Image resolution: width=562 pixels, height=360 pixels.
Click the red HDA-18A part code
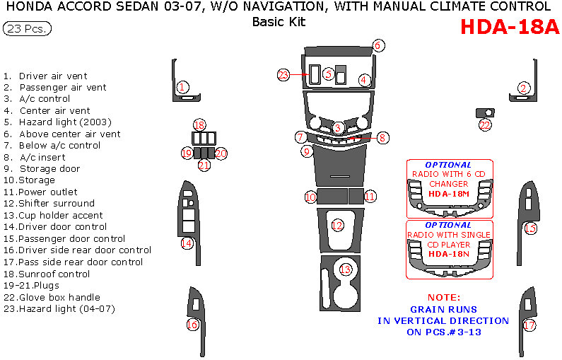(509, 26)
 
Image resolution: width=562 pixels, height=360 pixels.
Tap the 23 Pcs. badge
(28, 29)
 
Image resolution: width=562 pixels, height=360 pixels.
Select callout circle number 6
(378, 45)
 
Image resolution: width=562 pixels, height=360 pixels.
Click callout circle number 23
(283, 74)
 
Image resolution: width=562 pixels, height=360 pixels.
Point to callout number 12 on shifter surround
(337, 225)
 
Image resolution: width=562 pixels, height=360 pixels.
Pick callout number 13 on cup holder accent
(345, 269)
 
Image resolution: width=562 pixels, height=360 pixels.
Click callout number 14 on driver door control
(187, 243)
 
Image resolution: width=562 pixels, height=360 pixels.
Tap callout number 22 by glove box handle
(485, 125)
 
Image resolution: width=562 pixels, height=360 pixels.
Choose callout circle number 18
(199, 124)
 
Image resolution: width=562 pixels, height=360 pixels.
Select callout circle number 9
(306, 151)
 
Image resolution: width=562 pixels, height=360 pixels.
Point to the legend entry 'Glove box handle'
(59, 297)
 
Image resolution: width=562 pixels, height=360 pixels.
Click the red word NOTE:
(444, 298)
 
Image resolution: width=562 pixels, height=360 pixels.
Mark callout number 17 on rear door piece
(529, 325)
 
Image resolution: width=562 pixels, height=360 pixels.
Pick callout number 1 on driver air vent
(182, 88)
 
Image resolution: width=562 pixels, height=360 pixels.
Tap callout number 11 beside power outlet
(370, 196)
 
